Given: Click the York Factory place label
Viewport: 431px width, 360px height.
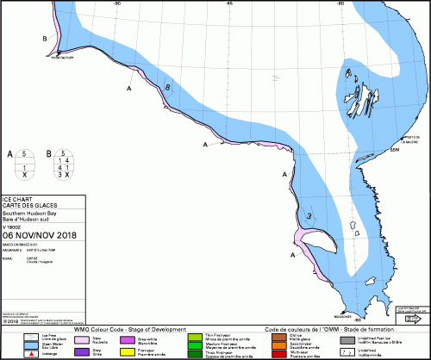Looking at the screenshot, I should coord(64,59).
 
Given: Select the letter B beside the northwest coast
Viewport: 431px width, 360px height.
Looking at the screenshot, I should coord(44,39).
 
